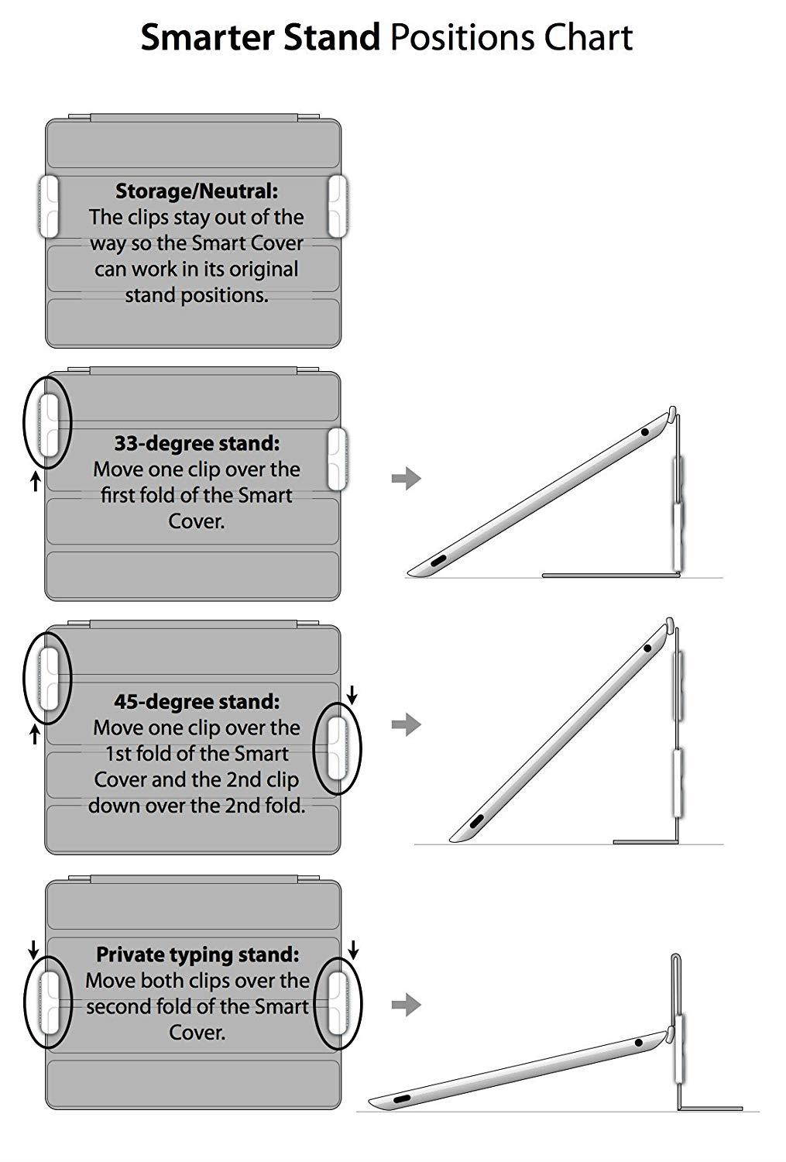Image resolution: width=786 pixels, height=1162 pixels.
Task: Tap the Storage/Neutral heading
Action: (197, 191)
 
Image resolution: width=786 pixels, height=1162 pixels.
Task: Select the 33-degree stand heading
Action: (197, 443)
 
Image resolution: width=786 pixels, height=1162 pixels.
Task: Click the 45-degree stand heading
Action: (197, 702)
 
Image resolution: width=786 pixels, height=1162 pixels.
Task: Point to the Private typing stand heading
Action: (197, 954)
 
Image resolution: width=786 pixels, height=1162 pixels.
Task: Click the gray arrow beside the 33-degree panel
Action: (406, 478)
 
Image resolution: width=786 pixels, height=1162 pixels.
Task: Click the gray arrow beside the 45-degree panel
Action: (406, 724)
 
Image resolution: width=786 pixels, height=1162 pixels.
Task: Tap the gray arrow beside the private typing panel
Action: (406, 1005)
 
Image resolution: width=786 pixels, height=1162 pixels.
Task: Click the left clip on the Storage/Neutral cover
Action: (48, 205)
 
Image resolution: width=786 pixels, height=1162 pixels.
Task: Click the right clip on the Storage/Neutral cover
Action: (338, 205)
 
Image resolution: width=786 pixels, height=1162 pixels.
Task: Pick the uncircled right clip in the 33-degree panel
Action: (338, 459)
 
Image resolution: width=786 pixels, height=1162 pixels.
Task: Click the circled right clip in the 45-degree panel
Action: (338, 748)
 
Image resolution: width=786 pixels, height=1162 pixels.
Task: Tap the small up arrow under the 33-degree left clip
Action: (35, 482)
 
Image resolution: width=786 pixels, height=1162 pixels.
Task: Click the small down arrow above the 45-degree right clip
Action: (352, 693)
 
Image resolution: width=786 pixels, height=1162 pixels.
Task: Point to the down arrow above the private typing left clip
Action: (33, 948)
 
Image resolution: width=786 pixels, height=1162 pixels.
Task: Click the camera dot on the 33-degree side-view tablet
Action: (645, 432)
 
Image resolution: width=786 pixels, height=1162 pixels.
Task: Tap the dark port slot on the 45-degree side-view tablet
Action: (475, 820)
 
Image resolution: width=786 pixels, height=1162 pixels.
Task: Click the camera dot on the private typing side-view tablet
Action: (638, 1043)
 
